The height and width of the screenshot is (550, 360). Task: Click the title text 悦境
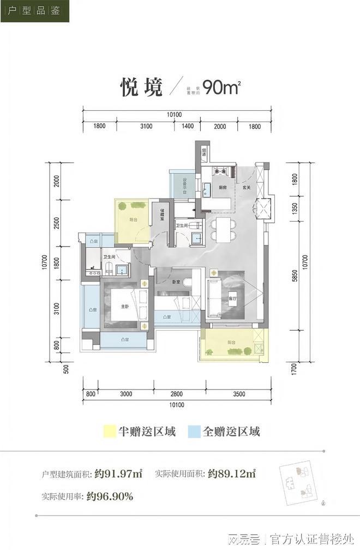tap(141, 87)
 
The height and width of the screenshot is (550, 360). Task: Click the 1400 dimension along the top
tap(188, 127)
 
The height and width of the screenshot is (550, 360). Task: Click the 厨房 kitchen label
tap(223, 188)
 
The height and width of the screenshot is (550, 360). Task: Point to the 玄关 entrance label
tap(246, 188)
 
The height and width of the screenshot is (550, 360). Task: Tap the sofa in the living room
tap(213, 297)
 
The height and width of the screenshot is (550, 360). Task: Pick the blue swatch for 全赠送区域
tap(194, 432)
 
